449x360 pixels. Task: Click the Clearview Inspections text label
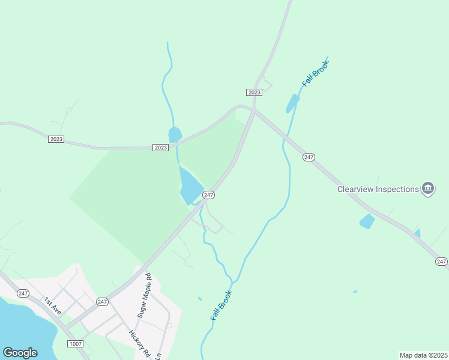[x=378, y=189]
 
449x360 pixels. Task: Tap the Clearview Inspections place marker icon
[x=427, y=189]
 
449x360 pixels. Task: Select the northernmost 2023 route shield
[x=254, y=92]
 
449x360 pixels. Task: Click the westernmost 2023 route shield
[x=56, y=139]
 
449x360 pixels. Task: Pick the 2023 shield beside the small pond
[x=160, y=148]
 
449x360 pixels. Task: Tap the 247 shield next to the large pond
[x=208, y=195]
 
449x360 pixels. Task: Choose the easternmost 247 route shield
[x=441, y=262]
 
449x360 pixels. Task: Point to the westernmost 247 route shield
[x=23, y=293]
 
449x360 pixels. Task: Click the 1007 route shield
[x=75, y=343]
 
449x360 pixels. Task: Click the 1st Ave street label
[x=52, y=305]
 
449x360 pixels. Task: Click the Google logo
[x=20, y=353]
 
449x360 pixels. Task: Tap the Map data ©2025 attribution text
[x=423, y=355]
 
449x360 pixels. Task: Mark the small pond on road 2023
[x=175, y=134]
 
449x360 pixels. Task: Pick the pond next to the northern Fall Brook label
[x=293, y=103]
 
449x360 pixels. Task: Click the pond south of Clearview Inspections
[x=367, y=221]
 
